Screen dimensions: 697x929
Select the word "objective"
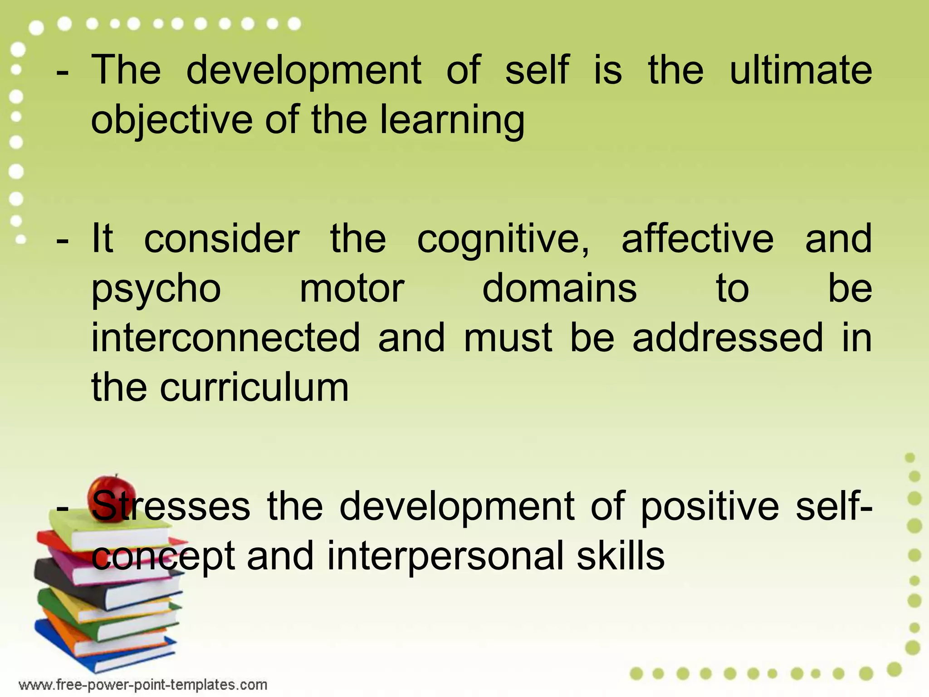tap(171, 120)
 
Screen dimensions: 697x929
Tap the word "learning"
tap(452, 120)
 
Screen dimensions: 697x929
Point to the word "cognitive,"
tap(503, 239)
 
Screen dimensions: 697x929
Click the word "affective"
tap(698, 239)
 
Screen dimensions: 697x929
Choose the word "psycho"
tap(156, 289)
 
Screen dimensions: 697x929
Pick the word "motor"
tap(352, 289)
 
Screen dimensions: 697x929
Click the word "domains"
tap(559, 289)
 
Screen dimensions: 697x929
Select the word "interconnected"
tap(225, 338)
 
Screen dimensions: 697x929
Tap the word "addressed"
tap(728, 338)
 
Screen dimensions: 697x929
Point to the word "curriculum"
tap(254, 388)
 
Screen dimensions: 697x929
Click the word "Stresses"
tap(171, 506)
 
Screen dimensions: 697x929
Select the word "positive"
tap(710, 506)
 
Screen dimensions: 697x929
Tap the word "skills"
tap(621, 556)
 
